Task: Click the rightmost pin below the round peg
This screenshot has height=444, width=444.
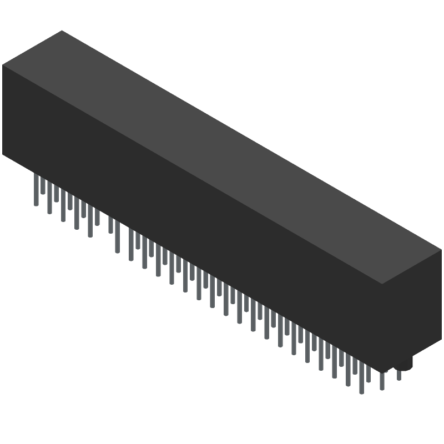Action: click(398, 375)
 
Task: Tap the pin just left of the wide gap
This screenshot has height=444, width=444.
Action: click(97, 216)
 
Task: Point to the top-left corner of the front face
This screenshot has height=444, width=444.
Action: click(3, 65)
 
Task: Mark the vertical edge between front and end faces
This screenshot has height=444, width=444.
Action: click(384, 327)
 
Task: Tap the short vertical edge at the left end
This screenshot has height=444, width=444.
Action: click(3, 111)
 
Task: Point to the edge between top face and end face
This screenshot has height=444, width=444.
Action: click(413, 268)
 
